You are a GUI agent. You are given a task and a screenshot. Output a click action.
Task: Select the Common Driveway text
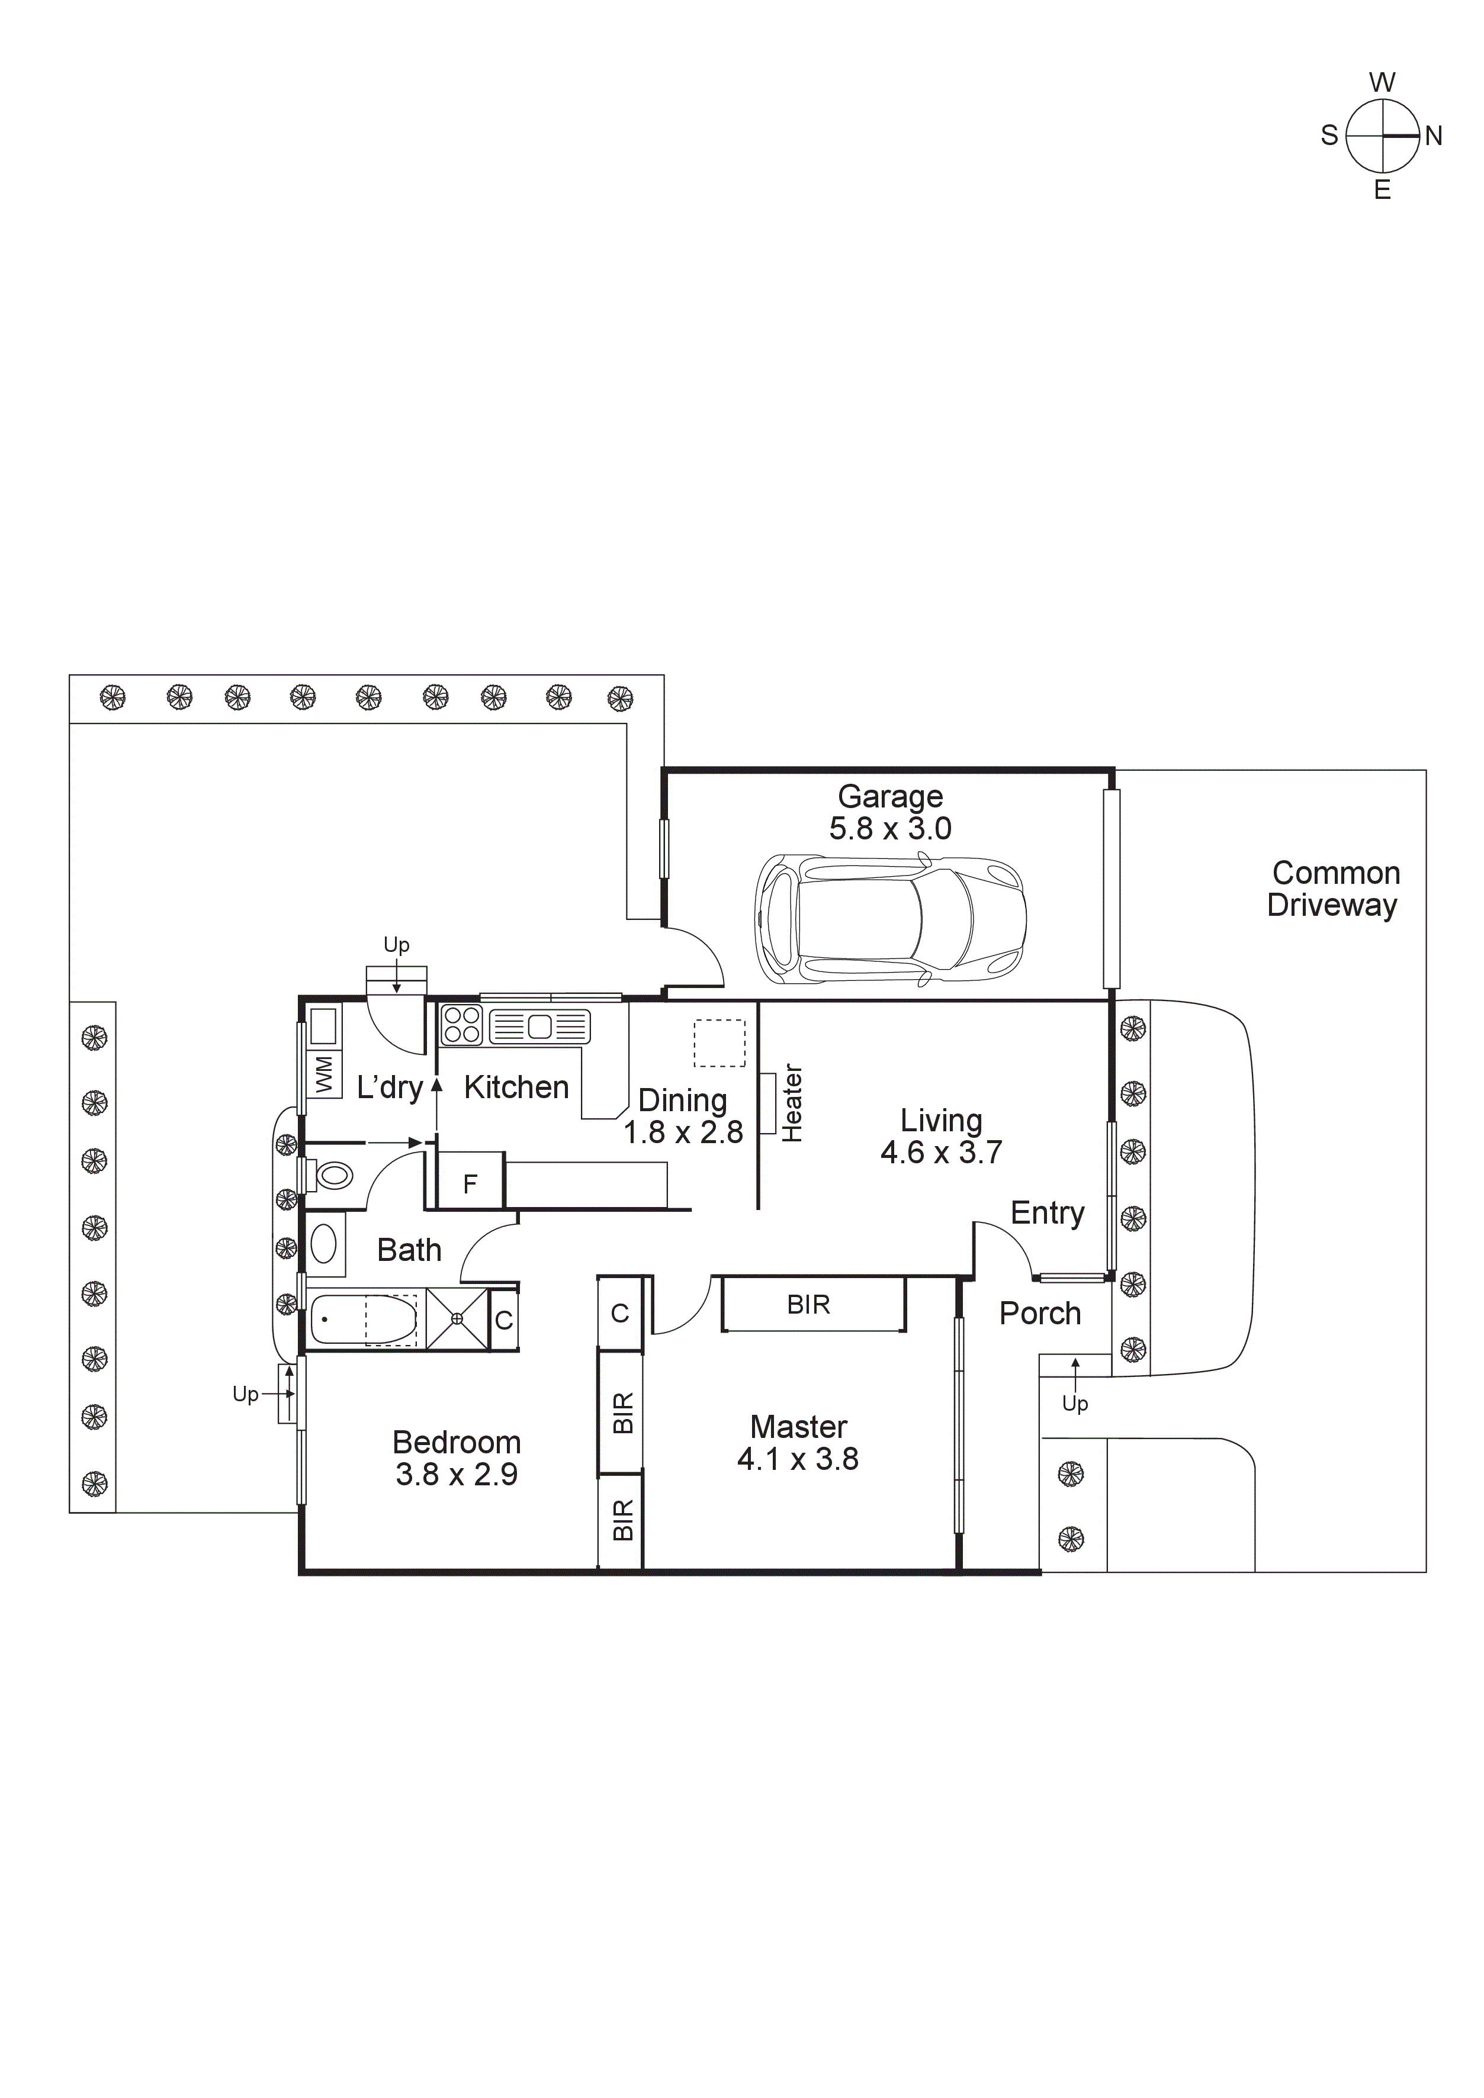tap(1334, 889)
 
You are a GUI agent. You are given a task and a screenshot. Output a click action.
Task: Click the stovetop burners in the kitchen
tap(461, 1024)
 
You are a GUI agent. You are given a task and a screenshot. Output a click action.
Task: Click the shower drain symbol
tap(457, 1318)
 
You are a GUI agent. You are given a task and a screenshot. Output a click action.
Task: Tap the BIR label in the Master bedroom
tap(809, 1305)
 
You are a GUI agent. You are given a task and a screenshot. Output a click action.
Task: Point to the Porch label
tap(1040, 1314)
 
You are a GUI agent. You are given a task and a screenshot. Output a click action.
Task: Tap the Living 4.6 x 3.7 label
tap(941, 1136)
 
